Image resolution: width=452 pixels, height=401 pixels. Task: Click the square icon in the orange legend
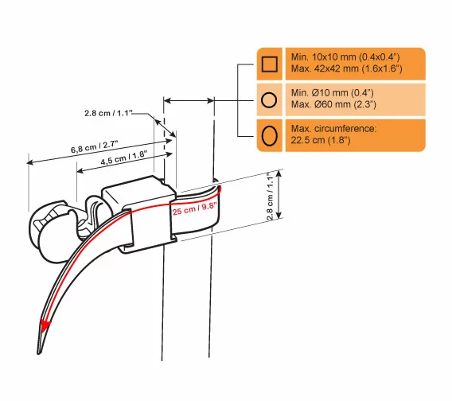269,64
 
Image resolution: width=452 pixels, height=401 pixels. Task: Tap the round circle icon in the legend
269,99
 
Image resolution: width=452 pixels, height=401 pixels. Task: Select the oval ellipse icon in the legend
269,135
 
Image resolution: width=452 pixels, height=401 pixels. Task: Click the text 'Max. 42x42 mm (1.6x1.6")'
346,68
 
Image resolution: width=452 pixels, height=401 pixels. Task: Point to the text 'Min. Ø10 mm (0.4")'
332,92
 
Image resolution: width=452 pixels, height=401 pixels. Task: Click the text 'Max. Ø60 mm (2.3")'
333,104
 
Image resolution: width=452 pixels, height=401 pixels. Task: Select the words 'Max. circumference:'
333,128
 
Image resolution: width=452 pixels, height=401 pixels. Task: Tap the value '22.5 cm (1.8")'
320,140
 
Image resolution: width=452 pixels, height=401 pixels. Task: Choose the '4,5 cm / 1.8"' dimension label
123,158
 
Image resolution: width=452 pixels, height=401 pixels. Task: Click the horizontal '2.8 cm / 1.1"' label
108,113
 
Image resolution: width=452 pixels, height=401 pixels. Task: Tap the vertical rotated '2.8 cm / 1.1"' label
270,197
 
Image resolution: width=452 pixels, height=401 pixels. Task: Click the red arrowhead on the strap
45,325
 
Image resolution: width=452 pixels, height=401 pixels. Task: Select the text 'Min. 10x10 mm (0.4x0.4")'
345,56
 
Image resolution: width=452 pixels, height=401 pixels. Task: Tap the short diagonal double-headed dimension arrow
166,128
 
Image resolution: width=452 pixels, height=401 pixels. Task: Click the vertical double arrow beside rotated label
279,194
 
